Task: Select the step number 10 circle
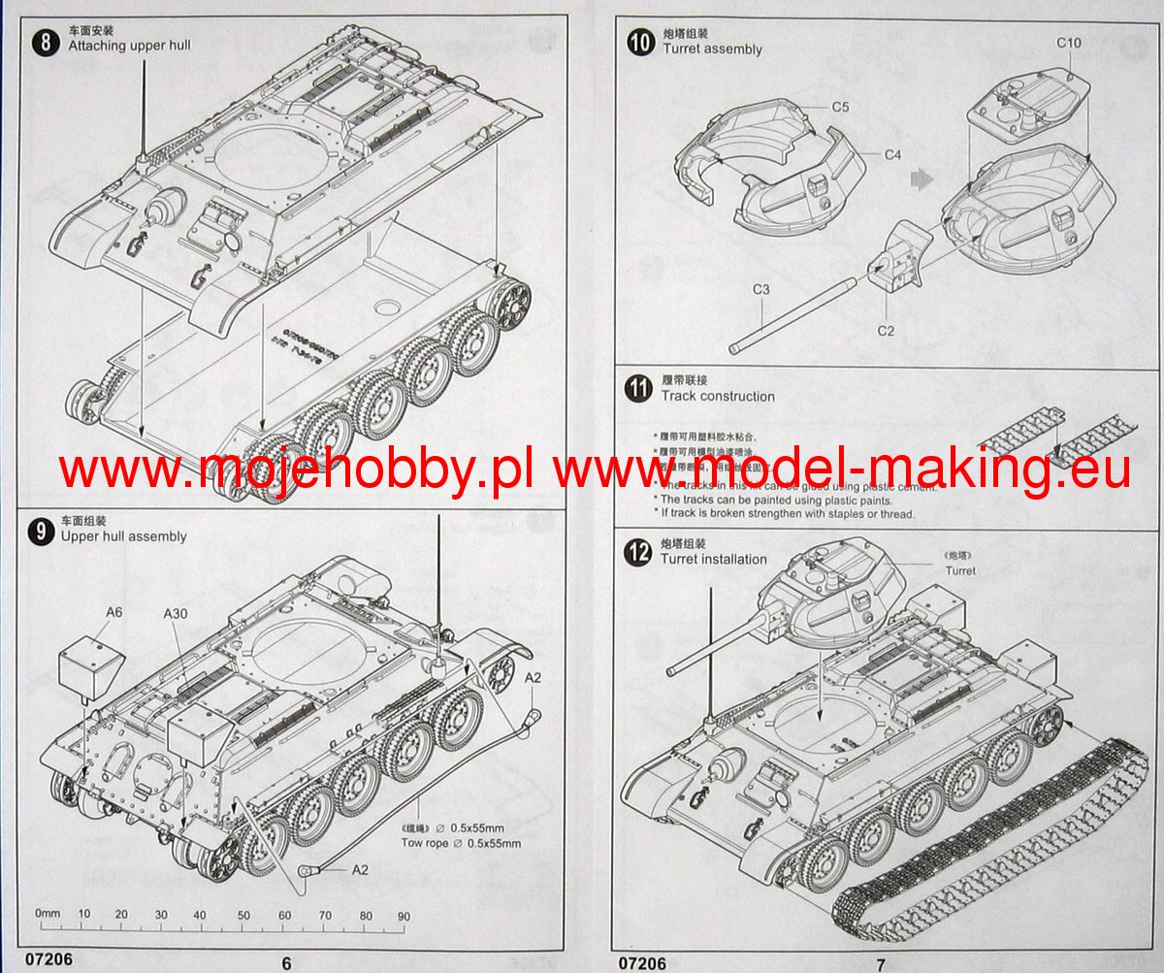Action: click(640, 43)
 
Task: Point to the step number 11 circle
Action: click(638, 389)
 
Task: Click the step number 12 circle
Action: click(638, 552)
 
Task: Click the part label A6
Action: click(114, 612)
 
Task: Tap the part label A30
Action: click(176, 613)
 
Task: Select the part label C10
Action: click(1068, 43)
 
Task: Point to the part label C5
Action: click(840, 107)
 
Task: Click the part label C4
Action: click(892, 154)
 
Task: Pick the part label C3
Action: click(760, 290)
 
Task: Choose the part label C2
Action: click(885, 331)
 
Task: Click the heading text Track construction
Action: click(718, 396)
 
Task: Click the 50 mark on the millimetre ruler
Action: click(243, 916)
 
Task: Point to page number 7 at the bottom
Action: click(881, 964)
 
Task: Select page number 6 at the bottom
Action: click(286, 963)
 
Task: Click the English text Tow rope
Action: click(425, 843)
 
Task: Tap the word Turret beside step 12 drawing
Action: click(960, 570)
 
